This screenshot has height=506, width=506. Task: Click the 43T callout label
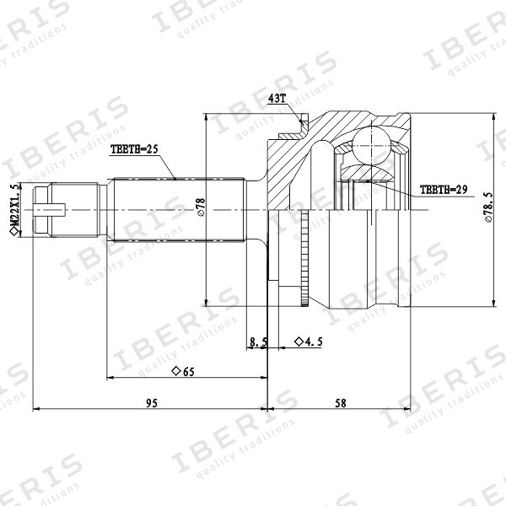tap(277, 99)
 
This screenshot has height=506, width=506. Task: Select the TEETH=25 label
tap(134, 149)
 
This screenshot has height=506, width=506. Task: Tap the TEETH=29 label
tap(444, 190)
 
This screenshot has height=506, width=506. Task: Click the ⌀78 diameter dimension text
tap(201, 207)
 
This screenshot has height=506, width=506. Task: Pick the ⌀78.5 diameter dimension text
tap(488, 207)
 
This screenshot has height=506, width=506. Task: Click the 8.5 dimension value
tap(258, 342)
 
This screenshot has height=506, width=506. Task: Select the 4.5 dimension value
tap(314, 342)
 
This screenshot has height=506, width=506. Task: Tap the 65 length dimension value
tap(189, 372)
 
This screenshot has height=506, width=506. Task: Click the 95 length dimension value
tap(152, 403)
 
